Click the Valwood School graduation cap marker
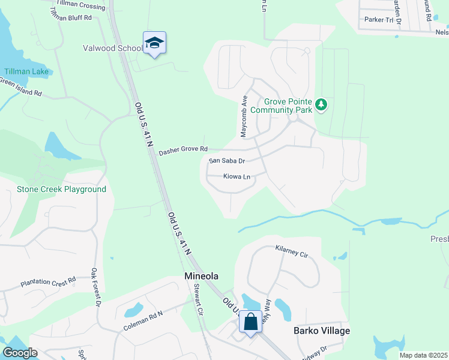tap(154, 43)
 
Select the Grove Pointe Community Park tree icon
tap(322, 106)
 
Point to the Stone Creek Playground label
tap(61, 190)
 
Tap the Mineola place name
tap(200, 277)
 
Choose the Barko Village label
tap(321, 331)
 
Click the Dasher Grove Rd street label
tap(183, 151)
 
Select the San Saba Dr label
tap(227, 161)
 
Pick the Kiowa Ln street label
tap(237, 177)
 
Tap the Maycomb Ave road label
tap(244, 116)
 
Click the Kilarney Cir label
tap(291, 251)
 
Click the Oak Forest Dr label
tap(97, 287)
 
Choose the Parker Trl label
tap(378, 20)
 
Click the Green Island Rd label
tap(20, 88)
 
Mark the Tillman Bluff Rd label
tap(70, 18)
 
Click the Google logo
tap(20, 353)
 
